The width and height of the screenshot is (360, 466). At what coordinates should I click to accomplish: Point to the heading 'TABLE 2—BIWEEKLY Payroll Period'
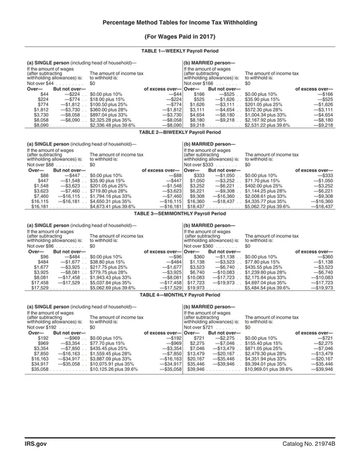click(x=180, y=133)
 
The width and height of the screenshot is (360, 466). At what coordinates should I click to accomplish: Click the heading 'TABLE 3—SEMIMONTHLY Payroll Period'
click(x=180, y=214)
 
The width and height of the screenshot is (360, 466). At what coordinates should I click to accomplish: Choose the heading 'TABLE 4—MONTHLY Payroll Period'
click(x=180, y=295)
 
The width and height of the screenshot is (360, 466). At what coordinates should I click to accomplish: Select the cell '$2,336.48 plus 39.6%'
click(x=94, y=125)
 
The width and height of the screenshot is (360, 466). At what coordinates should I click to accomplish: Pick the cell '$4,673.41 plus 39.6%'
click(x=94, y=206)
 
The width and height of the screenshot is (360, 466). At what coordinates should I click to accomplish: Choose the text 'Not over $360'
click(x=200, y=246)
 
